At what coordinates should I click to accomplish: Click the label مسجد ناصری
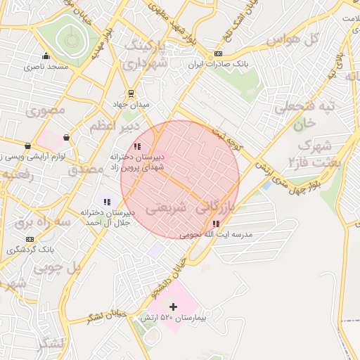pyautogui.click(x=46, y=67)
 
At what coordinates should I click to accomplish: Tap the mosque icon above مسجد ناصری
pyautogui.click(x=46, y=56)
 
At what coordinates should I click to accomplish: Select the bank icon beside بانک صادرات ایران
pyautogui.click(x=218, y=54)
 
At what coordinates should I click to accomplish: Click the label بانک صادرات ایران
pyautogui.click(x=218, y=65)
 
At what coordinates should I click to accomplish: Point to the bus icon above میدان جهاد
pyautogui.click(x=131, y=93)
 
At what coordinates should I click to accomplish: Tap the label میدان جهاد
pyautogui.click(x=131, y=104)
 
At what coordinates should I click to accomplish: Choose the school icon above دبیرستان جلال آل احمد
pyautogui.click(x=107, y=202)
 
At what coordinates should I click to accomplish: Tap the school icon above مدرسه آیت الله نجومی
pyautogui.click(x=215, y=224)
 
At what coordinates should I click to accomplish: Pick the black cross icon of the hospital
pyautogui.click(x=174, y=307)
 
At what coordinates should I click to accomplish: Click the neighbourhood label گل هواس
pyautogui.click(x=320, y=39)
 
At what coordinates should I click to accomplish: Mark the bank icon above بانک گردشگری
pyautogui.click(x=30, y=239)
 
